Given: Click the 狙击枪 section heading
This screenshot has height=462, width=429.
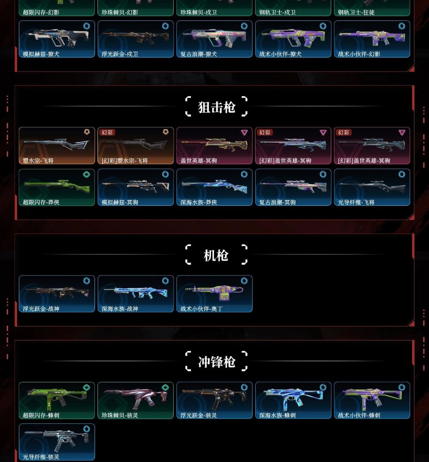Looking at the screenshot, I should pos(216,107).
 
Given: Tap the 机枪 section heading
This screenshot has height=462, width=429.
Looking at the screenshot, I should pos(216,255).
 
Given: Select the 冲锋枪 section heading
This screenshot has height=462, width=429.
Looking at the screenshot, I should pos(216,362).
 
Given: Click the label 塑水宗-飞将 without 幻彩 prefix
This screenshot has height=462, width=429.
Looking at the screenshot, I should pos(38,161).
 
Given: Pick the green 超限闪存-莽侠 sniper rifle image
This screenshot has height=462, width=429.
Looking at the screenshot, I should pos(56,184).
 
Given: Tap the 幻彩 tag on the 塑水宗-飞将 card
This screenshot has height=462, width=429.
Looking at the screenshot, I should pos(107,132).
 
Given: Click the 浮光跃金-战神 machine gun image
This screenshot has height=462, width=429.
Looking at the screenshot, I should pos(56,292).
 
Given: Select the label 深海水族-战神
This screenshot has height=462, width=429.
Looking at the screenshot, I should pos(120,309).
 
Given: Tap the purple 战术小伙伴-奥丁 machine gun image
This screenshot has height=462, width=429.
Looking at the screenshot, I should pos(214,292).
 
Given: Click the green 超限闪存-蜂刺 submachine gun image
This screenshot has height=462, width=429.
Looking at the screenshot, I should pos(56,398).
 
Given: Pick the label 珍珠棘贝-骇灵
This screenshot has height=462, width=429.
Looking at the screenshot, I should pos(120,415).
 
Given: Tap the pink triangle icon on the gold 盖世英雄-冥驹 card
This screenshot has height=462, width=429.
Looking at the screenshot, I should pos(244,132).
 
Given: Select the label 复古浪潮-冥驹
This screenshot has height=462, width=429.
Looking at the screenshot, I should pos(277,202).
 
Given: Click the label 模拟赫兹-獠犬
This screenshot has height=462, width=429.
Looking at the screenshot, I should pos(41,54).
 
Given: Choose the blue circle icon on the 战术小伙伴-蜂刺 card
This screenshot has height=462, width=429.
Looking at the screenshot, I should pos(402,387).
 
